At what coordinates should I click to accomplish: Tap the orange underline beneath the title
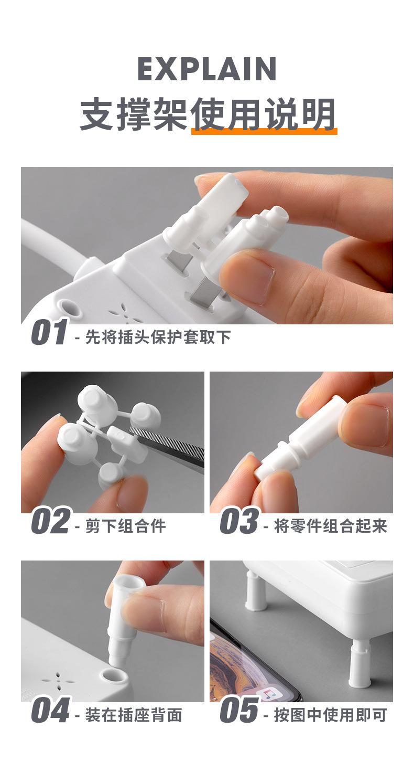point(264,131)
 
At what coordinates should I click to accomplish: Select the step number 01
point(49,332)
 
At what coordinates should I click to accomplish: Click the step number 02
point(50,521)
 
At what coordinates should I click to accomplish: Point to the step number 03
point(239,521)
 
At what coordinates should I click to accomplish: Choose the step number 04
point(50,710)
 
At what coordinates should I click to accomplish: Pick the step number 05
point(239,710)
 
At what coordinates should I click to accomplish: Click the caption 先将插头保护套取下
point(158,337)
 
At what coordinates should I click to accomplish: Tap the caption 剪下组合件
point(125,526)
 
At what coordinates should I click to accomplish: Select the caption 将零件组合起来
point(330,526)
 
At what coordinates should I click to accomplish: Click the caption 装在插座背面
point(134,715)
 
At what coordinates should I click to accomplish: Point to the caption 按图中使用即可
point(330,715)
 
